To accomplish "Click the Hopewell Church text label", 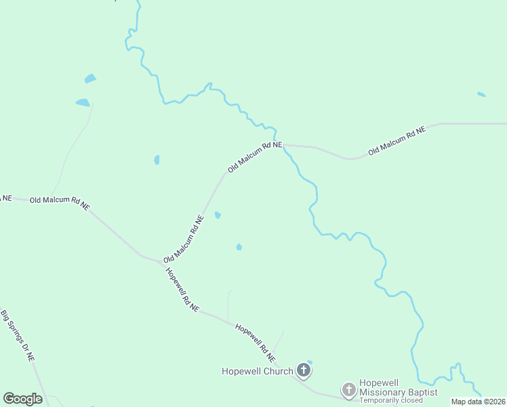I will [x=257, y=371].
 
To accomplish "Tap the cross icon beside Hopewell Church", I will [x=304, y=370].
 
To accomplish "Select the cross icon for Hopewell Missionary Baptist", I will [x=348, y=389].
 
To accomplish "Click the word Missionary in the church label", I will [x=384, y=392].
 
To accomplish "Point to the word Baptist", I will [x=423, y=392].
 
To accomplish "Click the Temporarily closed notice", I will [x=391, y=400].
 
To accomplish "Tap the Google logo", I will [x=22, y=399].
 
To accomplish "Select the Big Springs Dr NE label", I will [x=18, y=335].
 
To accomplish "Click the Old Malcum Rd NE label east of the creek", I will [x=397, y=141].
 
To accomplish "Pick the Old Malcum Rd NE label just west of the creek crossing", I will [x=254, y=156].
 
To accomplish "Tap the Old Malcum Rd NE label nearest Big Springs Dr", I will [x=60, y=203].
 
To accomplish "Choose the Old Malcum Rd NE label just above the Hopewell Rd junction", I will [x=184, y=239].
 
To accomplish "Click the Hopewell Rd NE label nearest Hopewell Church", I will [x=256, y=343].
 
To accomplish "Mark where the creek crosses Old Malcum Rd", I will [x=283, y=144].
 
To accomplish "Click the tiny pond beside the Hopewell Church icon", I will [x=310, y=362].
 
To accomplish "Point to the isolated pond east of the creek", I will [x=481, y=94].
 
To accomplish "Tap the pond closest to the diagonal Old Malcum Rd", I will [x=218, y=216].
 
